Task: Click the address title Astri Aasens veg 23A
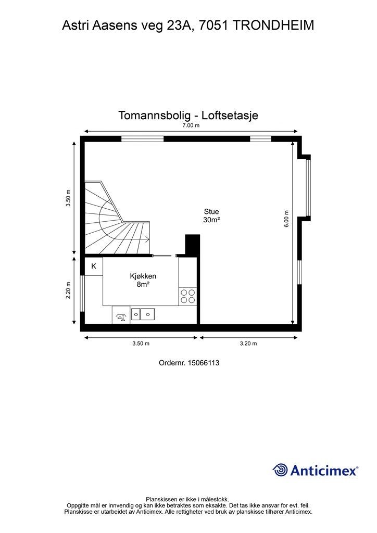tap(188, 24)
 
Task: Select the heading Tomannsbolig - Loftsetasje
tap(188, 116)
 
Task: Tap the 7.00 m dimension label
tap(190, 125)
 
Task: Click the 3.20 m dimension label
tap(248, 344)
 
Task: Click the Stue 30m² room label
tap(211, 215)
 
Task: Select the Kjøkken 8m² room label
tap(143, 280)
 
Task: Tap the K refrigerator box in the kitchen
tap(94, 266)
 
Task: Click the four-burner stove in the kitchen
tap(187, 296)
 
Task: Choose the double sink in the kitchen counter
tap(143, 313)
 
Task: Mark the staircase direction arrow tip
tap(149, 239)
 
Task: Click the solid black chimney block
tap(193, 245)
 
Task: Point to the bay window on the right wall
tap(308, 187)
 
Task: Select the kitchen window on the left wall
tap(82, 293)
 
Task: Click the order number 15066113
tap(189, 363)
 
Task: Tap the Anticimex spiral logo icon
tap(280, 470)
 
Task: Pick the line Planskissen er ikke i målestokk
tap(188, 499)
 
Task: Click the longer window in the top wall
tap(143, 138)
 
